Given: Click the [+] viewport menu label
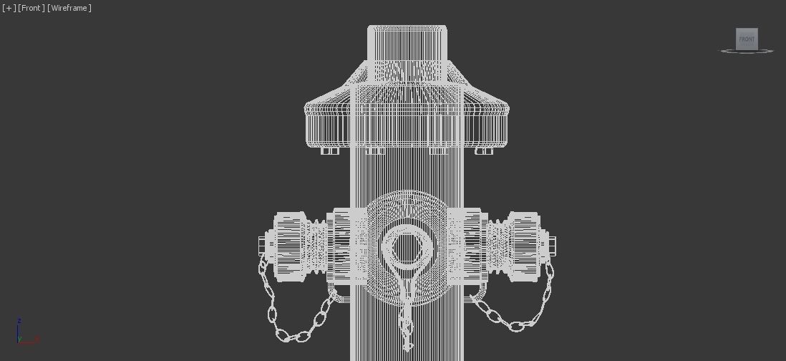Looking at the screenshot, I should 9,8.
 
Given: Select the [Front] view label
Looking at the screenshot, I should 31,8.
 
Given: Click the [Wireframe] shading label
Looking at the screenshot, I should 69,8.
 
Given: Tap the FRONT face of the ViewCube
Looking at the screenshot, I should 747,39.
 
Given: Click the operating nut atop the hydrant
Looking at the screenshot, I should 407,43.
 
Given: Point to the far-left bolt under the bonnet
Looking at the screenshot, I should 330,150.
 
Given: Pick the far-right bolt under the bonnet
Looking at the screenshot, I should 484,150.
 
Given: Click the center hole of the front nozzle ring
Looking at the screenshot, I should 407,248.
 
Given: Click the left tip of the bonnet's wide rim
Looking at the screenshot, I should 306,110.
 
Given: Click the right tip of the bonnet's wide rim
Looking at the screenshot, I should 508,110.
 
